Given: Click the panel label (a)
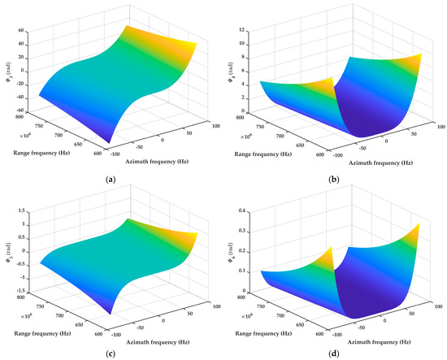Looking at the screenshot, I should [111, 169].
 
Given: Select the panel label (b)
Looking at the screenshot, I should [336, 169].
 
